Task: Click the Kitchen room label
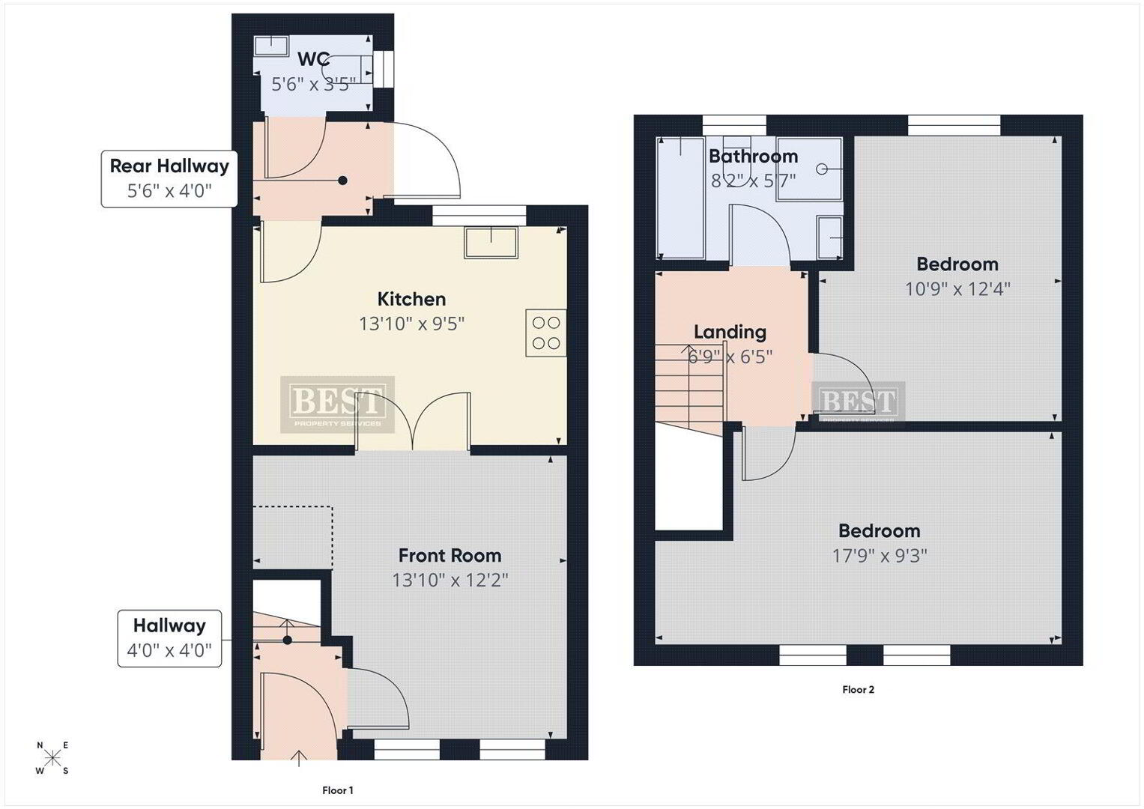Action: pyautogui.click(x=411, y=299)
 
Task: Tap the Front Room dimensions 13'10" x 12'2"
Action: pyautogui.click(x=450, y=581)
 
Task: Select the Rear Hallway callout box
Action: pyautogui.click(x=169, y=179)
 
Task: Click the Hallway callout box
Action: pyautogui.click(x=169, y=638)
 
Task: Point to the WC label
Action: pyautogui.click(x=313, y=59)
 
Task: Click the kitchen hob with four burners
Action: pyautogui.click(x=546, y=333)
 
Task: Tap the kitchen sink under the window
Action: pyautogui.click(x=491, y=243)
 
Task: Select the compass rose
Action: pyautogui.click(x=52, y=758)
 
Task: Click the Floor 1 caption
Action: pyautogui.click(x=338, y=790)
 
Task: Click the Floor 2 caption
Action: pyautogui.click(x=858, y=689)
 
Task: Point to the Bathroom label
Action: pyautogui.click(x=754, y=157)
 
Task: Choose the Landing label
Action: pyautogui.click(x=730, y=332)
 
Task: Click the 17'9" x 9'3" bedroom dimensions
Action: pyautogui.click(x=880, y=556)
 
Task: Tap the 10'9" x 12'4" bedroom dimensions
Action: pyautogui.click(x=957, y=289)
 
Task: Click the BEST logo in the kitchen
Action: pyautogui.click(x=338, y=404)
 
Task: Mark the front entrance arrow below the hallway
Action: pyautogui.click(x=299, y=758)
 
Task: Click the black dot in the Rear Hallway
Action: pyautogui.click(x=343, y=181)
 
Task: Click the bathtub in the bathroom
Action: pyautogui.click(x=680, y=198)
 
